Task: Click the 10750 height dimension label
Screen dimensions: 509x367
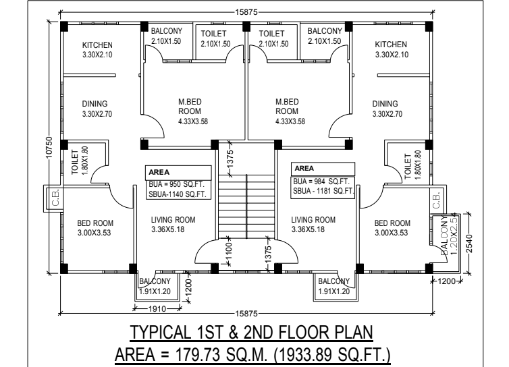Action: click(49, 148)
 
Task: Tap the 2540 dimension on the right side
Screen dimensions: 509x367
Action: click(469, 244)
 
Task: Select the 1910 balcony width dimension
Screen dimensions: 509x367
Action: click(157, 308)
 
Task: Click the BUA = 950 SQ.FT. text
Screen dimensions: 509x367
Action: click(177, 184)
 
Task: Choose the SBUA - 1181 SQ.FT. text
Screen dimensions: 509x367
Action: click(323, 191)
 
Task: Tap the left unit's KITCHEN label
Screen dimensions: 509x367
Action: click(97, 45)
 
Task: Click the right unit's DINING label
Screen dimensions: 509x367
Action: click(385, 104)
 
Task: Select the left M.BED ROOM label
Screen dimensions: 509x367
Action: click(190, 107)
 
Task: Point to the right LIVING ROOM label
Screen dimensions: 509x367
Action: click(313, 220)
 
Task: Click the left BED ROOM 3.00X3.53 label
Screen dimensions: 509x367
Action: click(95, 228)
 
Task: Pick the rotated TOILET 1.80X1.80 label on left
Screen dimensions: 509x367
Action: click(80, 161)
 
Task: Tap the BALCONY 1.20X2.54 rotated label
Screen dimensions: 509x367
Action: click(449, 235)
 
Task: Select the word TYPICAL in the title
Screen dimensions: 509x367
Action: click(161, 333)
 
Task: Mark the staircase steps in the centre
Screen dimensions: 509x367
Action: click(246, 206)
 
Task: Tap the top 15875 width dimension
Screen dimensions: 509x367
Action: click(246, 12)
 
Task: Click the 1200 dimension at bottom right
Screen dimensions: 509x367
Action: click(447, 281)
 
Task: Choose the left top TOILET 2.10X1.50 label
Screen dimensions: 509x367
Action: click(215, 38)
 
